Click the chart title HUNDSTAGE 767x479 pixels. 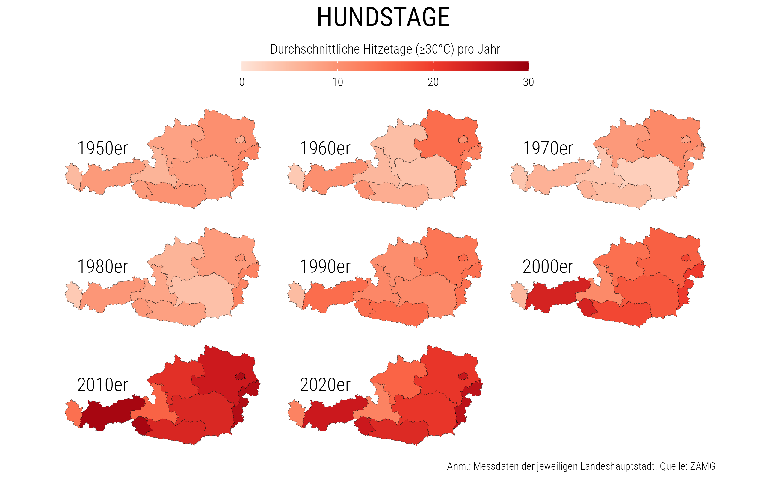click(383, 17)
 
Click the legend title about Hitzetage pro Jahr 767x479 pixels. click(385, 49)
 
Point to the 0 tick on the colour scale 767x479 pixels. click(242, 82)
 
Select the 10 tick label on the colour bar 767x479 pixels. click(338, 82)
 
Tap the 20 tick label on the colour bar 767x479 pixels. click(433, 82)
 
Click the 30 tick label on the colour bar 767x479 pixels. click(528, 82)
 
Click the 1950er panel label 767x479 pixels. click(102, 148)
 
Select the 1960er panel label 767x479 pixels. click(325, 148)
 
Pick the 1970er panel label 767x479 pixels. click(547, 148)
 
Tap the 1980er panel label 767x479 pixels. click(102, 266)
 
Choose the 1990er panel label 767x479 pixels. click(325, 266)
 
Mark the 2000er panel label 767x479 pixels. click(547, 266)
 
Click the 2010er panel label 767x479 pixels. click(102, 385)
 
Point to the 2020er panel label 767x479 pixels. click(325, 385)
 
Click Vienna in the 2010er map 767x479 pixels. click(241, 376)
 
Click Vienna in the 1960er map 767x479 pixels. click(463, 140)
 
